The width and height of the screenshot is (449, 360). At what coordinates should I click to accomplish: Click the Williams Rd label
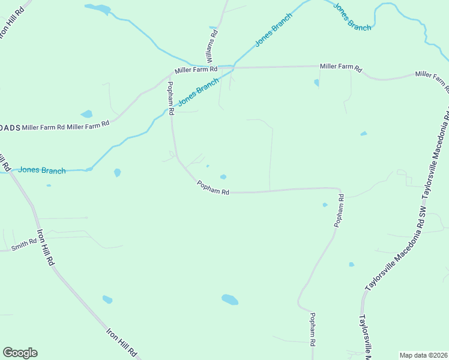(x=212, y=46)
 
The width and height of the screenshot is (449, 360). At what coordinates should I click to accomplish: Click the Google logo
(x=20, y=353)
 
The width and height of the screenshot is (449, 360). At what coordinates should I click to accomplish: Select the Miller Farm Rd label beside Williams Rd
(x=196, y=70)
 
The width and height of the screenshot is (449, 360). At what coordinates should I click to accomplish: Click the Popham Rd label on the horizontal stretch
(x=213, y=188)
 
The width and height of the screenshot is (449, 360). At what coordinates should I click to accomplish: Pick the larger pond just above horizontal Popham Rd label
(x=223, y=176)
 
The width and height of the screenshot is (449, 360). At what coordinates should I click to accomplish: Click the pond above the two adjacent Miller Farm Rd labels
(x=87, y=113)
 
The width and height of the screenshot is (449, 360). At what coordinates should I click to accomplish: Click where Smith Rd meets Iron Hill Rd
(x=40, y=238)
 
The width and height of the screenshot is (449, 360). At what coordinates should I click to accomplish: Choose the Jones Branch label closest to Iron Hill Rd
(x=41, y=170)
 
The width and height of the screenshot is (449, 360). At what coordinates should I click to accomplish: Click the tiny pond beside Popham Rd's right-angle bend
(x=325, y=205)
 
